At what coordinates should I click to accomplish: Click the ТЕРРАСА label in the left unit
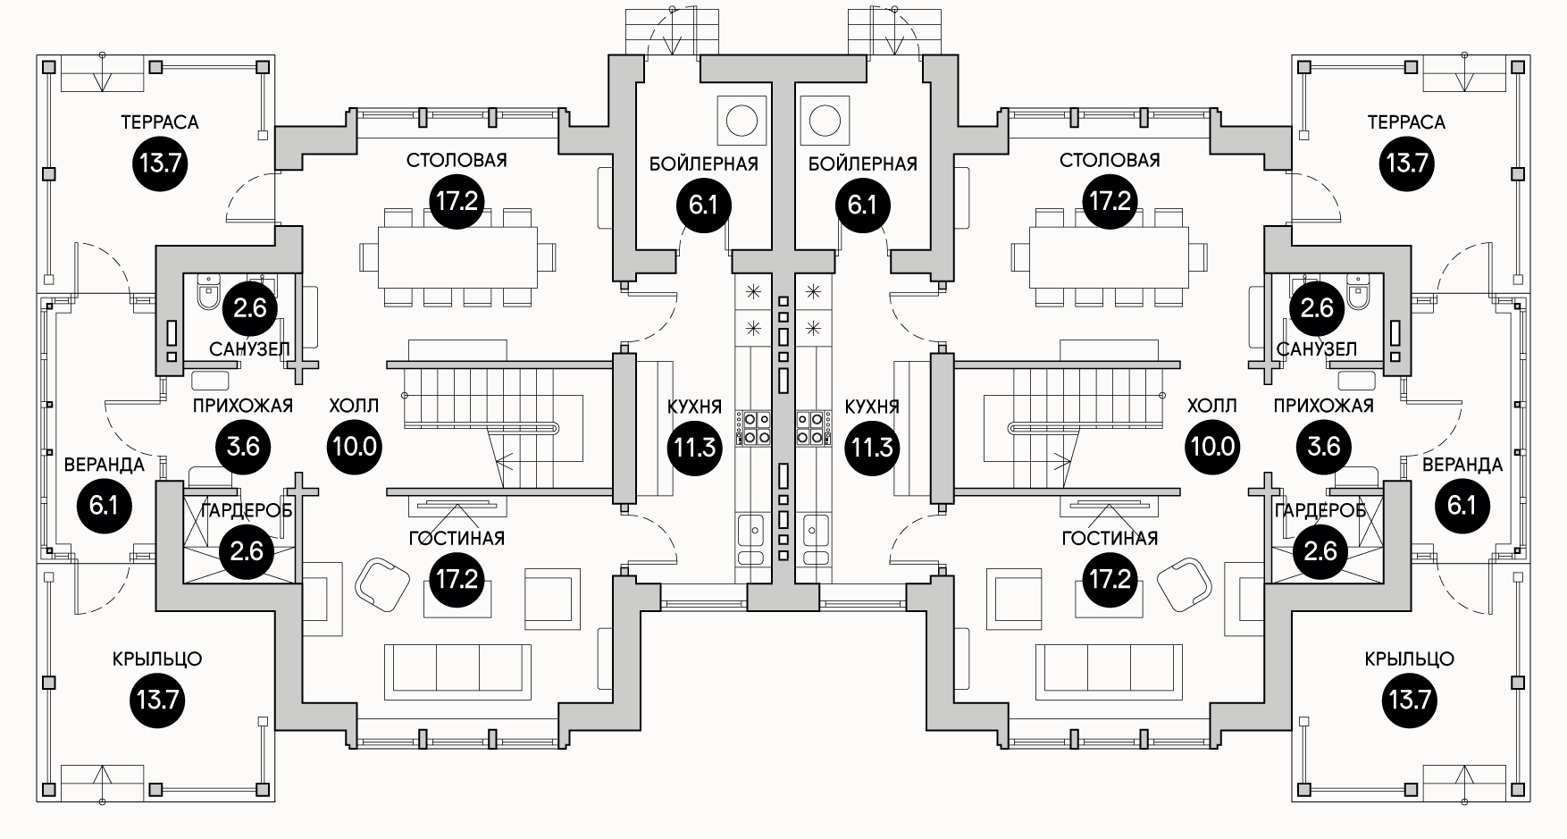click(160, 122)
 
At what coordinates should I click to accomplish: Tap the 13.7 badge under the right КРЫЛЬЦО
click(1410, 700)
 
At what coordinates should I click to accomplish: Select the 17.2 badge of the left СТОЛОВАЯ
click(457, 201)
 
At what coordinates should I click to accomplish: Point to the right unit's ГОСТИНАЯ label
click(1110, 539)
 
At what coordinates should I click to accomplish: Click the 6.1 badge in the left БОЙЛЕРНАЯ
click(704, 206)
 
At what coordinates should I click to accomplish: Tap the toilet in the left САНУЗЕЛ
click(208, 290)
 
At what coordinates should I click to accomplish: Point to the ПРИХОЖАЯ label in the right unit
click(1323, 406)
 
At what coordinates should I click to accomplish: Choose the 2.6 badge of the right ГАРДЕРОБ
click(1320, 552)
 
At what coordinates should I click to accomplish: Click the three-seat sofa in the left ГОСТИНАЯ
click(457, 671)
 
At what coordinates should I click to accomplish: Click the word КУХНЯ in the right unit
click(872, 407)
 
